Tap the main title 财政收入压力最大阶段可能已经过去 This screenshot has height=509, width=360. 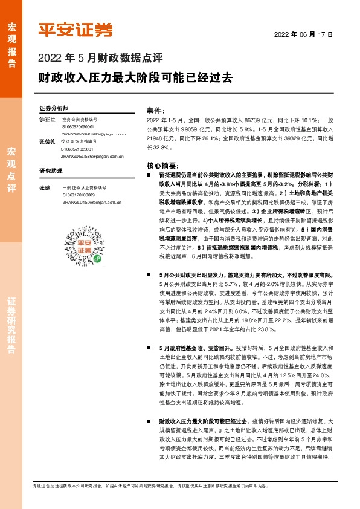[x=134, y=79]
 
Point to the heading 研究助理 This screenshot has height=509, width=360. [x=51, y=170]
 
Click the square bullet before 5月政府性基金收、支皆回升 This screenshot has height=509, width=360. [x=149, y=348]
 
